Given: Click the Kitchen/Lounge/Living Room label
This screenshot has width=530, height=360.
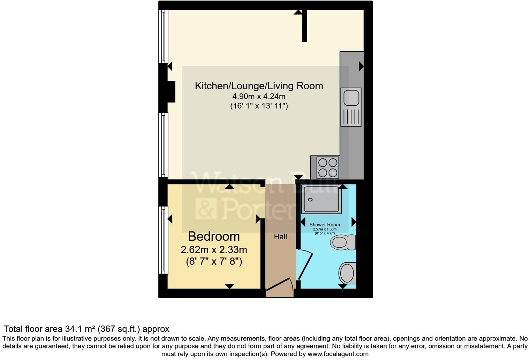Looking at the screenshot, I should click(x=259, y=86).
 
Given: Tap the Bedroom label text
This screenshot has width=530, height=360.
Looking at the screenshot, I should click(x=214, y=237).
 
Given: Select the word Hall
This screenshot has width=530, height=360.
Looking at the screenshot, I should click(x=280, y=237).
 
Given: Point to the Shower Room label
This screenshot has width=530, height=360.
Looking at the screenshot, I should click(x=325, y=225).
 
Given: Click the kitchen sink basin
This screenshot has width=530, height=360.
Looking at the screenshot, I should click(x=351, y=97).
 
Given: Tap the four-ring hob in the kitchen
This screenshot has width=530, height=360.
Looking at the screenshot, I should click(x=328, y=167).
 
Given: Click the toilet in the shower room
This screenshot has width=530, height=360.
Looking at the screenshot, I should click(x=343, y=242).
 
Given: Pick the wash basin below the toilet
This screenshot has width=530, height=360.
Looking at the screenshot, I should click(x=347, y=273).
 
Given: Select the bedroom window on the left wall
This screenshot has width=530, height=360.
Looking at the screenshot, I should click(x=163, y=240).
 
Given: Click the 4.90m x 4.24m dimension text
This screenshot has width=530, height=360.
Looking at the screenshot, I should click(x=259, y=96).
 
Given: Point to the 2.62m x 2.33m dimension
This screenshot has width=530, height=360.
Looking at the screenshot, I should click(x=214, y=250).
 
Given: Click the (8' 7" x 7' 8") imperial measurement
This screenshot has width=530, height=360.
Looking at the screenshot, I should click(x=214, y=261).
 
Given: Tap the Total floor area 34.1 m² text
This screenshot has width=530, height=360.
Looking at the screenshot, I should click(x=86, y=329).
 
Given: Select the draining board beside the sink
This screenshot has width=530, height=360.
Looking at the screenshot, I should click(x=351, y=117).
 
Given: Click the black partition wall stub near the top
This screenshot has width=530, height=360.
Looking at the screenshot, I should click(x=304, y=26).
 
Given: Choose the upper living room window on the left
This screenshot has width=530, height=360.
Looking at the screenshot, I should click(x=163, y=36).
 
